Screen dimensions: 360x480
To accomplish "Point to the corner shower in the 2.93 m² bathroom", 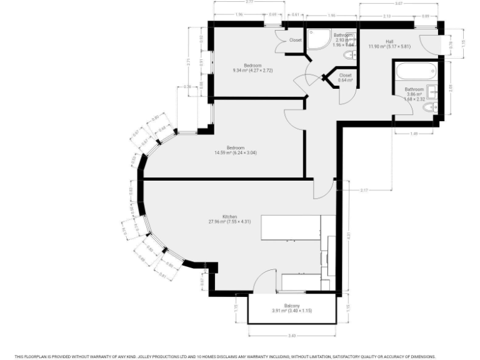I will pos(317,39).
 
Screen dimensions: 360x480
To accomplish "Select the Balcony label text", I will pos(292,306).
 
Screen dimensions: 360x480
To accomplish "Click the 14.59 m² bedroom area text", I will pos(235,152).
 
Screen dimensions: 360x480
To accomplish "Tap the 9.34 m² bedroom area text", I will pos(252,71).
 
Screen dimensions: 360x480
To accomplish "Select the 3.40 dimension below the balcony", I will pos(292,336).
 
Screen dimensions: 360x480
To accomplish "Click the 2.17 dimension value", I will pos(364,189).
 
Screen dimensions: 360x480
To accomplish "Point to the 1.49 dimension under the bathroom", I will pos(414,134).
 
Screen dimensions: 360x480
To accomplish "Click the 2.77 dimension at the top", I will pos(249,2).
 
